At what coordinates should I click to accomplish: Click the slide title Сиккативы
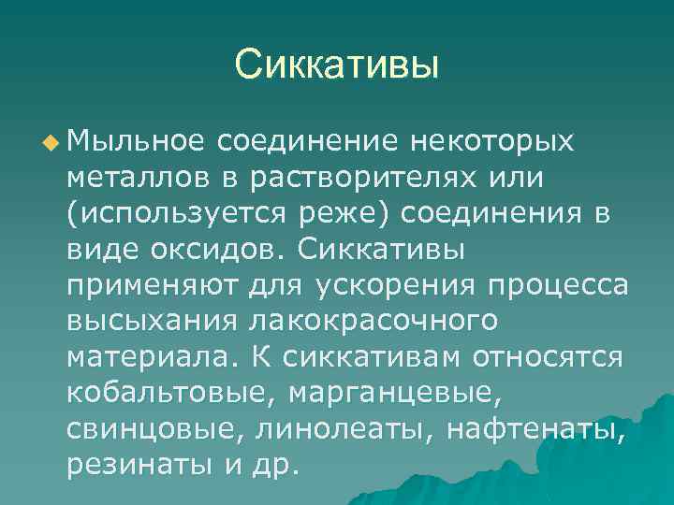(x=337, y=65)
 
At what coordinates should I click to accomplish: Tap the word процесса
(x=544, y=284)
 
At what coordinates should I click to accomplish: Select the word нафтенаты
(x=535, y=426)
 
